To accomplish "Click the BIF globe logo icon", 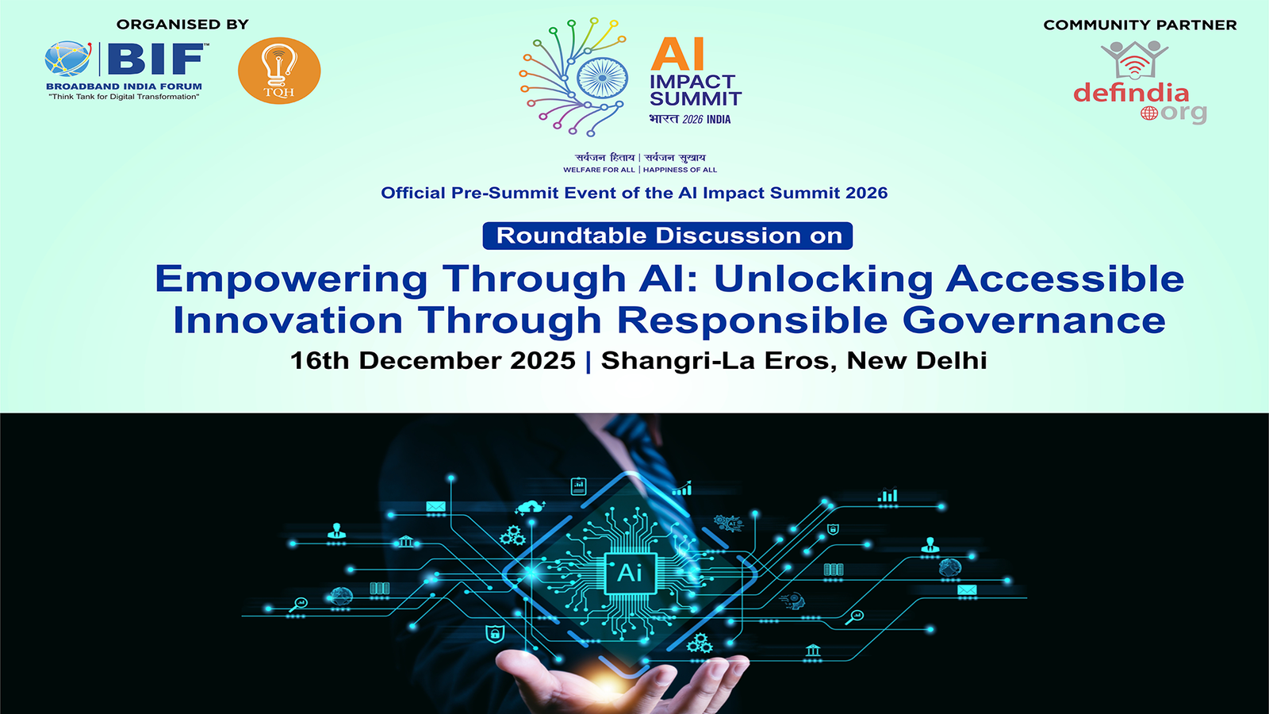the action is pyautogui.click(x=68, y=59).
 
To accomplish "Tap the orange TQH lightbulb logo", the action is pyautogui.click(x=279, y=71).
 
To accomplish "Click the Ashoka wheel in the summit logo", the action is pyautogui.click(x=602, y=79).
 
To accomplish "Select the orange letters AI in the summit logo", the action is pyautogui.click(x=677, y=55).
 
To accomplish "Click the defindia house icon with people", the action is pyautogui.click(x=1134, y=59).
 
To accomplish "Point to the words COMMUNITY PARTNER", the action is pyautogui.click(x=1140, y=25).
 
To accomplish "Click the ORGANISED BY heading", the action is pyautogui.click(x=182, y=25).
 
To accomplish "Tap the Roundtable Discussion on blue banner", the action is pyautogui.click(x=667, y=236).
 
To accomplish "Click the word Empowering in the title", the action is pyautogui.click(x=291, y=279).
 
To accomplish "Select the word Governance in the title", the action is pyautogui.click(x=1034, y=321).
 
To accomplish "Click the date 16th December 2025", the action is pyautogui.click(x=433, y=361).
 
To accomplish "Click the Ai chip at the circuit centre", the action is pyautogui.click(x=630, y=574).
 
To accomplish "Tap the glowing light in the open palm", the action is pyautogui.click(x=608, y=686).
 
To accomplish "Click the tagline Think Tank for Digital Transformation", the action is pyautogui.click(x=124, y=97).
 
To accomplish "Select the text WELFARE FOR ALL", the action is pyautogui.click(x=599, y=170).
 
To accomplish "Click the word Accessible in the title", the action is pyautogui.click(x=1065, y=278).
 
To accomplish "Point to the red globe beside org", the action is pyautogui.click(x=1149, y=113).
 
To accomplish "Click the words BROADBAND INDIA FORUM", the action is pyautogui.click(x=124, y=86).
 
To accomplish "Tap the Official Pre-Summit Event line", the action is pyautogui.click(x=634, y=194).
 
